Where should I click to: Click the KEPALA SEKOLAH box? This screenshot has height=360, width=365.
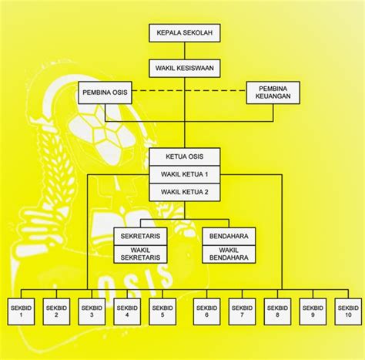(185, 33)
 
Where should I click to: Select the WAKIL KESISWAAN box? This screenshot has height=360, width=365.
(185, 69)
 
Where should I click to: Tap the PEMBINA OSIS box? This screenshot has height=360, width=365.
(105, 93)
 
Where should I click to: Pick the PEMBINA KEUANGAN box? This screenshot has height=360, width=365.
(273, 93)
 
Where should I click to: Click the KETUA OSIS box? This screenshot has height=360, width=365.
(185, 156)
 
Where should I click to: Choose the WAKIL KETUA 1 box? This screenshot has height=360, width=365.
(185, 174)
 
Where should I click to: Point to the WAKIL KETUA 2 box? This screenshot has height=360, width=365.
(185, 192)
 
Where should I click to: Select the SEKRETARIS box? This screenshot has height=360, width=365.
(140, 237)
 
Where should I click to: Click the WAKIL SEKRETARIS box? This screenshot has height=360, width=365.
(140, 254)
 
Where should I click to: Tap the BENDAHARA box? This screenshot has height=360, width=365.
(229, 237)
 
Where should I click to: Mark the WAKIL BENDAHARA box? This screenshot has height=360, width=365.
(229, 254)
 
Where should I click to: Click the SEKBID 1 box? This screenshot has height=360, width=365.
(21, 311)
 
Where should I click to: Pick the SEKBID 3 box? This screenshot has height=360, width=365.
(92, 311)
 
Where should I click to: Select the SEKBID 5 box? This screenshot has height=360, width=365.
(162, 311)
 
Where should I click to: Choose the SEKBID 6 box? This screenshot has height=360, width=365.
(206, 311)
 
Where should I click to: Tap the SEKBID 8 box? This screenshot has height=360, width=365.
(277, 311)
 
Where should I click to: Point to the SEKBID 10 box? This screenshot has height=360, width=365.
(348, 311)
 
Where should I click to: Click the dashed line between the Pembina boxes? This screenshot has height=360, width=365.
(189, 90)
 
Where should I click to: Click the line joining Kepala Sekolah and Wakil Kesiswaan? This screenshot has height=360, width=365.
(184, 51)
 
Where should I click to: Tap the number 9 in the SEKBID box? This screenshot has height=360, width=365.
(313, 315)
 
